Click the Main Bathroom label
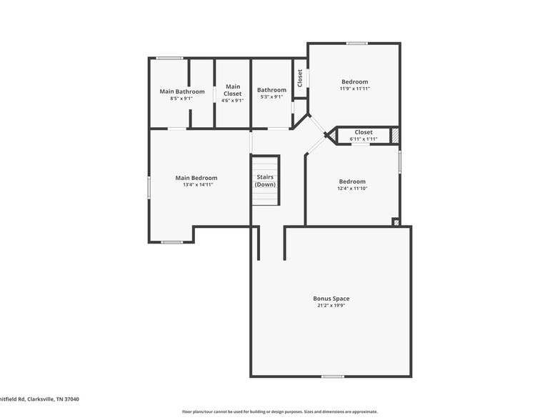182,91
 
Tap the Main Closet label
232,90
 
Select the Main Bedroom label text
196,178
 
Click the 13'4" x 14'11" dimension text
196,185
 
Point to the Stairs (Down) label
265,181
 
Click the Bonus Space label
331,299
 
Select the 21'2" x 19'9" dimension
331,306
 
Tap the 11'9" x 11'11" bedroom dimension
354,89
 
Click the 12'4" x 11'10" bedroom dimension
351,189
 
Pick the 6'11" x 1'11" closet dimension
364,139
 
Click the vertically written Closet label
300,78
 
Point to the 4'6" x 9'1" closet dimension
232,101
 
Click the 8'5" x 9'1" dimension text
182,99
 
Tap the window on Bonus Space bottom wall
332,376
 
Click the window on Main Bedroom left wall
149,187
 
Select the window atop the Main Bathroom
169,58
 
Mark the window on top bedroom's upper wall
357,43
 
